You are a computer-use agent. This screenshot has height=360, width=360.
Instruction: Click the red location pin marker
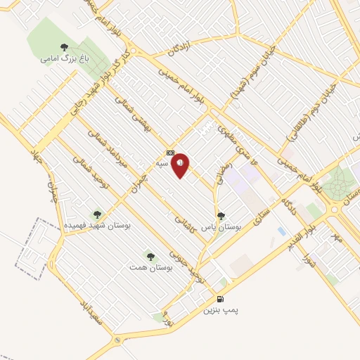(181, 165)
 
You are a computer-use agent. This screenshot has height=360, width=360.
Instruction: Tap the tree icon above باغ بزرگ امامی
(64, 48)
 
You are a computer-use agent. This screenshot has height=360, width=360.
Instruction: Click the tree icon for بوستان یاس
(221, 217)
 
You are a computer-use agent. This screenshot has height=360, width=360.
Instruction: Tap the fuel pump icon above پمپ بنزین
(221, 299)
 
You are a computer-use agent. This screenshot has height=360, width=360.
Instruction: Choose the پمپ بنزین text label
(221, 309)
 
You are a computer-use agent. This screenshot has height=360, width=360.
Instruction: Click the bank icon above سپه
(170, 153)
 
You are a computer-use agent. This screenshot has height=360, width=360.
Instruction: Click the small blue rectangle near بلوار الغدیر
(282, 231)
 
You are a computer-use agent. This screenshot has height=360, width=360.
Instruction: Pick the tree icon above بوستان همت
(150, 257)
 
